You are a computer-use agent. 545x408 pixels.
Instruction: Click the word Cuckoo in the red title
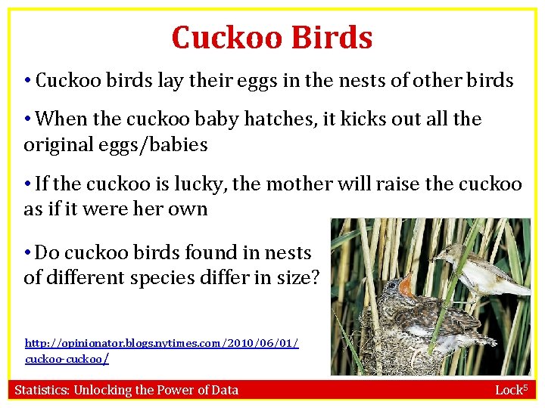click(x=222, y=38)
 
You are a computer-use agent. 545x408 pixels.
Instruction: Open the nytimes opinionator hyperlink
click(x=161, y=344)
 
